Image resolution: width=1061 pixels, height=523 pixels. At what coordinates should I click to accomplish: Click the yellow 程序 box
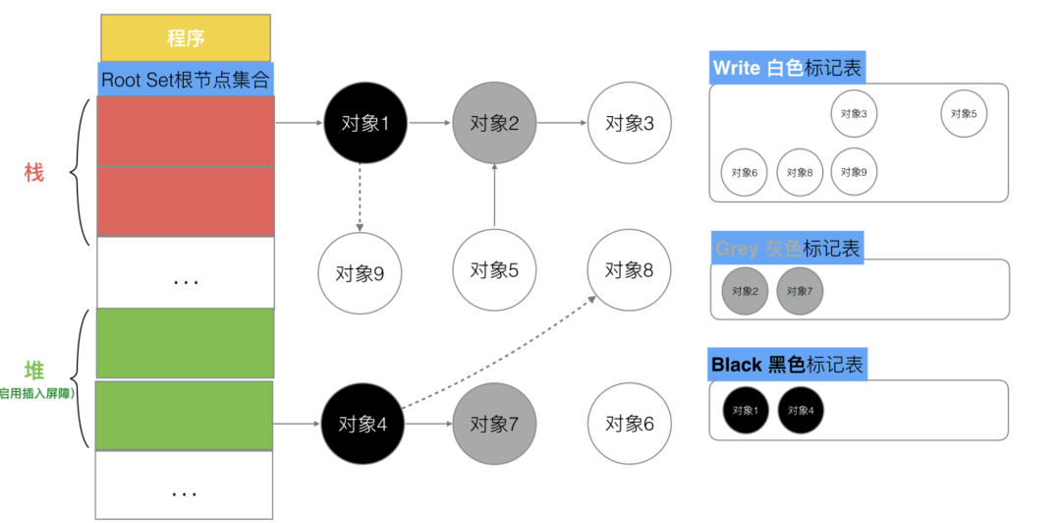tap(185, 38)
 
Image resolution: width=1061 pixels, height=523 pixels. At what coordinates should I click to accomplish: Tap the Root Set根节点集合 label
tap(185, 80)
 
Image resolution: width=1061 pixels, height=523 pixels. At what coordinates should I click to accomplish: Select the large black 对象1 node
tap(364, 123)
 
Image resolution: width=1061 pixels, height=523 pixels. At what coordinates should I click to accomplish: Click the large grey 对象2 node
tap(494, 123)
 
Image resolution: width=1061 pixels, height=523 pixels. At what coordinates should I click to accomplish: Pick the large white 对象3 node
tap(629, 123)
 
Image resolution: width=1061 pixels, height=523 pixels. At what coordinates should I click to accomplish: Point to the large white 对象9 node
tap(360, 272)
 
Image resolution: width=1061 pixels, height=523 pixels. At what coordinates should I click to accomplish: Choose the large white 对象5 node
tap(494, 269)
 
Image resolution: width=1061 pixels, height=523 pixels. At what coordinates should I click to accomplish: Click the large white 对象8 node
tap(629, 269)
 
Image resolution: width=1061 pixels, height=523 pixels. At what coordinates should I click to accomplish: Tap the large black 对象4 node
tap(363, 424)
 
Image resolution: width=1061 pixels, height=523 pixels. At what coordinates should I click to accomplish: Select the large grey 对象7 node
tap(494, 424)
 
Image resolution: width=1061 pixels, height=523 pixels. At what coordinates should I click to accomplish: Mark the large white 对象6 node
tap(629, 424)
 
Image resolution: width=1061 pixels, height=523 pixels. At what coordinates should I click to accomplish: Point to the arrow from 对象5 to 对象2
tap(494, 197)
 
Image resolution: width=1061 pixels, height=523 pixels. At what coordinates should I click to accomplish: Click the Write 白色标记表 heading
tap(787, 67)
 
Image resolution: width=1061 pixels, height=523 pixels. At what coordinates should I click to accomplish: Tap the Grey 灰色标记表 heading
tap(787, 248)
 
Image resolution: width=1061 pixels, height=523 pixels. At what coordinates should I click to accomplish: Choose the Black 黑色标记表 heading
tap(787, 365)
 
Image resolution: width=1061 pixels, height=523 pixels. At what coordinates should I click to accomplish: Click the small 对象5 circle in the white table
tap(964, 114)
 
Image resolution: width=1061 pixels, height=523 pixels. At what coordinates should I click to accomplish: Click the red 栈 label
tap(34, 173)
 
